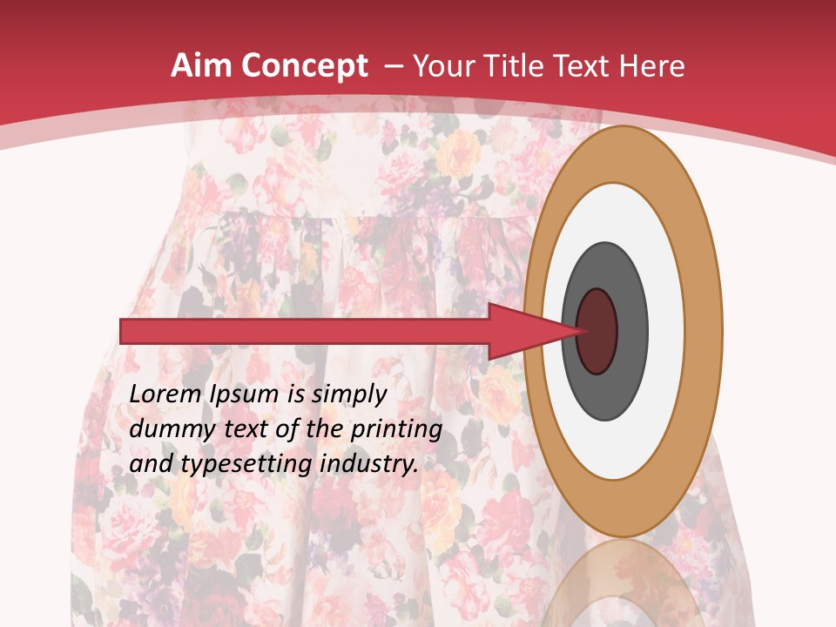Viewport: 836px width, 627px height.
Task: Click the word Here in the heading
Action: (654, 66)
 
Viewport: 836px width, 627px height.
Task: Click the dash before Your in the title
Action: (392, 67)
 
